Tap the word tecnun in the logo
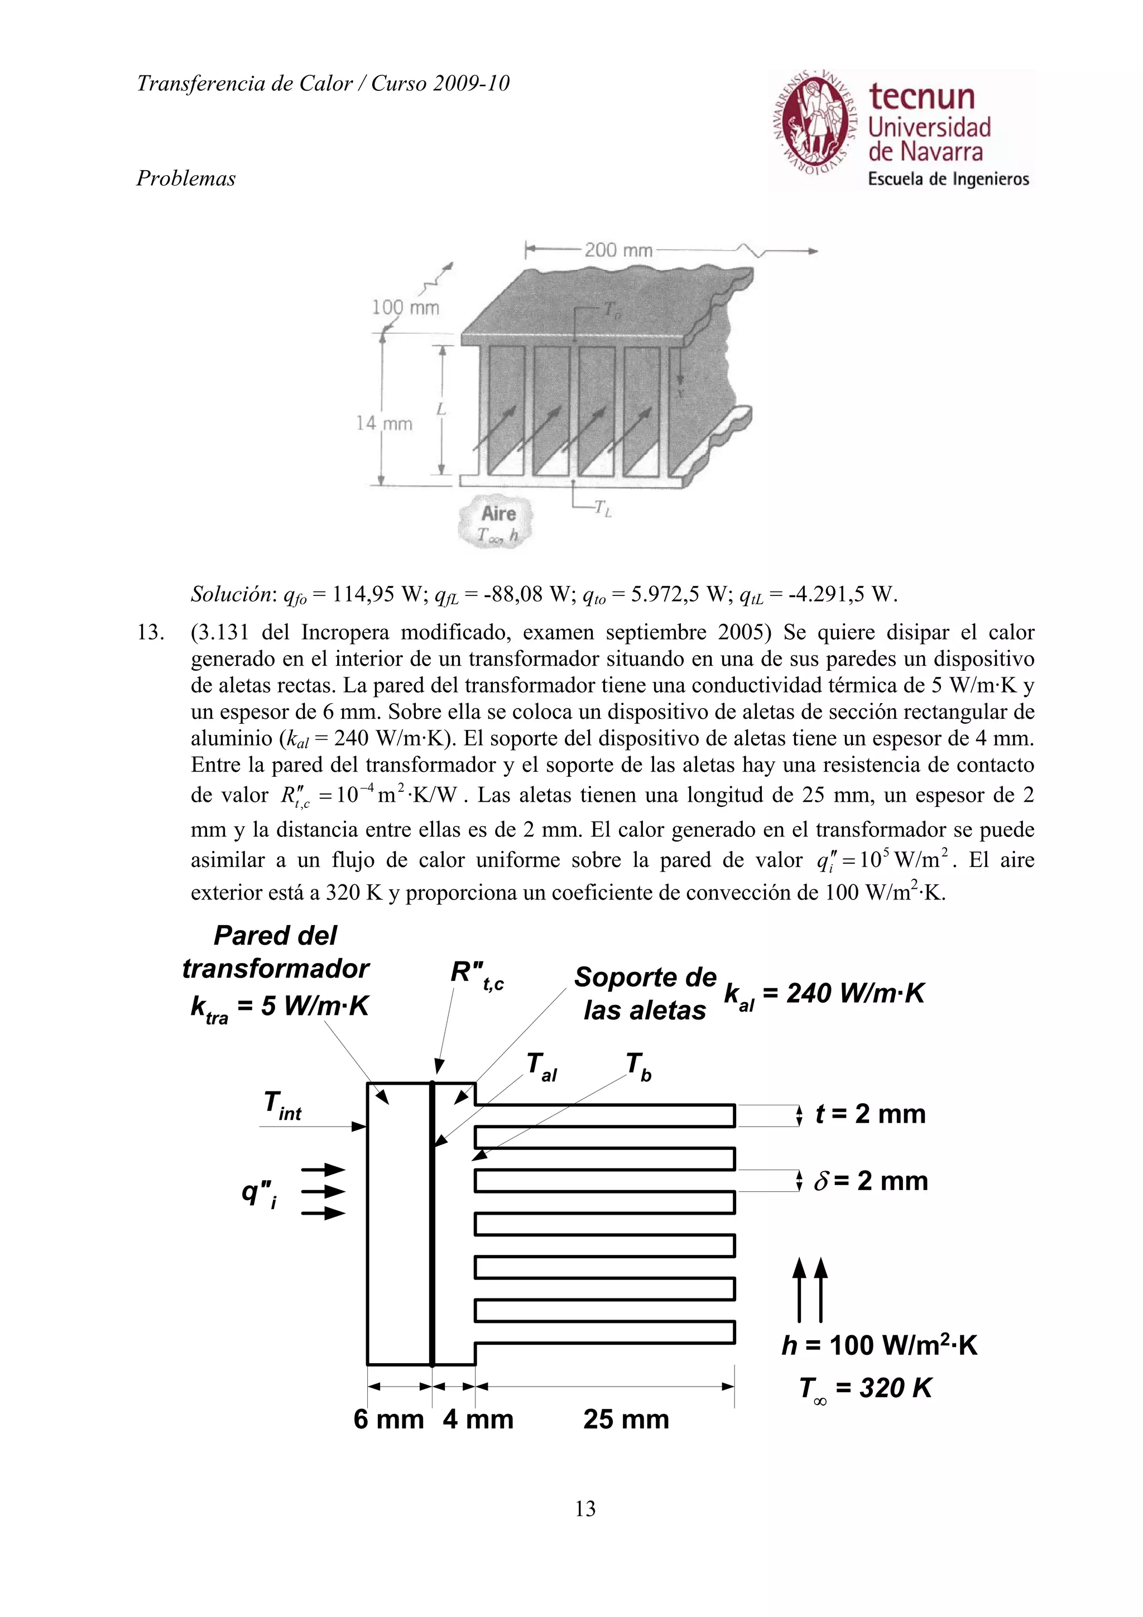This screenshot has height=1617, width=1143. [x=922, y=96]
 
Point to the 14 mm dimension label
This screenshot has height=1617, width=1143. [x=385, y=423]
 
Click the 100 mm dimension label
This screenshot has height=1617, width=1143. [x=405, y=308]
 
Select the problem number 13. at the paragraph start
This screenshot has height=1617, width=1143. [x=150, y=632]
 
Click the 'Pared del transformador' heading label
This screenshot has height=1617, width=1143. [x=275, y=951]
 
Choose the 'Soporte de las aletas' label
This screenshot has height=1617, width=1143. [x=645, y=994]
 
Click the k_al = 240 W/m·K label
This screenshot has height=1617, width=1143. [x=823, y=994]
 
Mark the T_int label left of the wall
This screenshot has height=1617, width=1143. [x=282, y=1104]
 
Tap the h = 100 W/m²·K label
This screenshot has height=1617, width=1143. [x=879, y=1345]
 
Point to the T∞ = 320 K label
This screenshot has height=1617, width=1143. [x=865, y=1388]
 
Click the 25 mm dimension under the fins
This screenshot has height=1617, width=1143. [x=626, y=1419]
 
